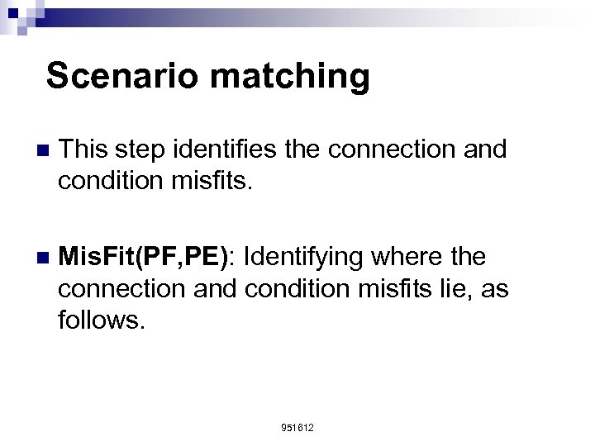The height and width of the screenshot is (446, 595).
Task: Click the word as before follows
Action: point(493,288)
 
